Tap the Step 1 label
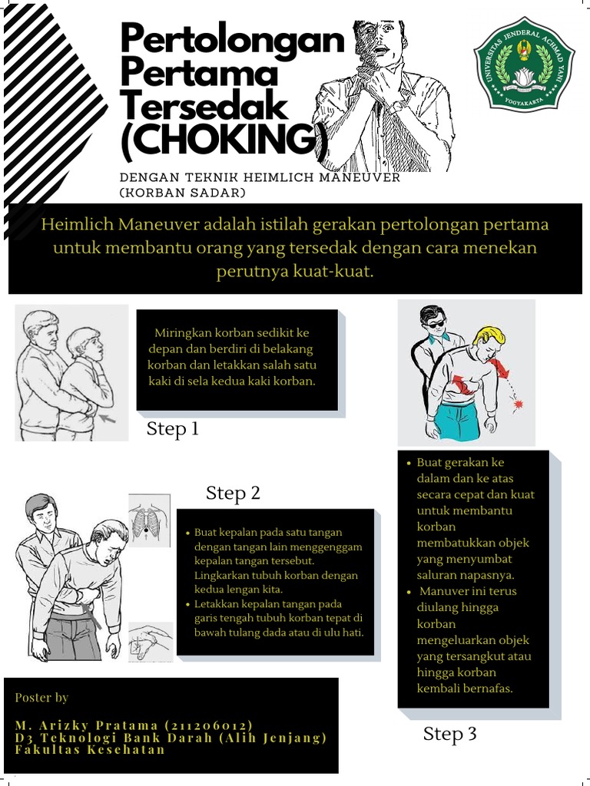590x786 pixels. coord(173,429)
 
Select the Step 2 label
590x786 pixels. coord(233,494)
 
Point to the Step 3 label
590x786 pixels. coord(450,735)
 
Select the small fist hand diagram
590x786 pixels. coord(149,642)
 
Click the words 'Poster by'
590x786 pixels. coord(41,698)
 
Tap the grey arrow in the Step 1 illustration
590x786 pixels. coord(107,420)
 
